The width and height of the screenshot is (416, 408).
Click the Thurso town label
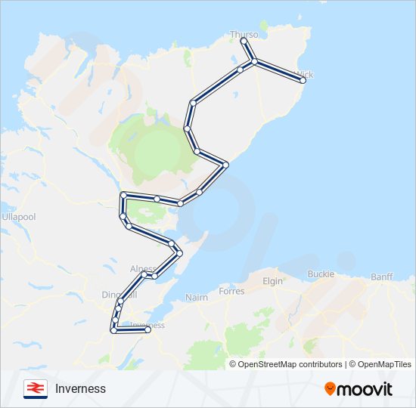pos(244,35)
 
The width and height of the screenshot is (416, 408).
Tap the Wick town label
pos(306,75)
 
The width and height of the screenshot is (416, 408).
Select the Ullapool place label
pos(18,217)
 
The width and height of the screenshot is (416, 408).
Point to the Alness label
pos(142,268)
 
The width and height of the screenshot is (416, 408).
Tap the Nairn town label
pos(197,298)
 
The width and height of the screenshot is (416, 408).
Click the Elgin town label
pos(272,281)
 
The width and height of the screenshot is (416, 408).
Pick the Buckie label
pos(321,274)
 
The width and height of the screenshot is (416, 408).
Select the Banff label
pos(382,277)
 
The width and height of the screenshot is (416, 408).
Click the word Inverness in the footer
pos(80,388)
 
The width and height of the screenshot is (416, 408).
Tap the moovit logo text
pos(365,388)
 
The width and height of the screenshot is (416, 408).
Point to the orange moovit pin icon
pos(330,388)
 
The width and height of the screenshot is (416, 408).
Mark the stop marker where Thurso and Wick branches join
pos(254,60)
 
